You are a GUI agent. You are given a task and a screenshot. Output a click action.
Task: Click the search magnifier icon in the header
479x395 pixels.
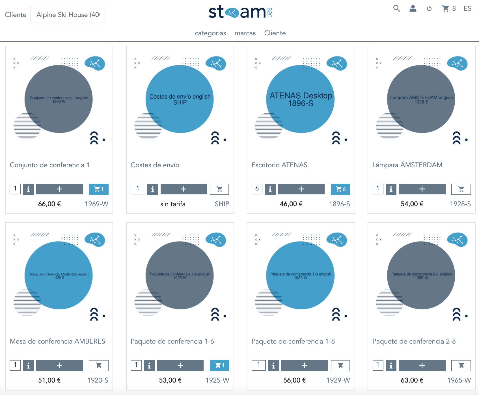click(x=396, y=8)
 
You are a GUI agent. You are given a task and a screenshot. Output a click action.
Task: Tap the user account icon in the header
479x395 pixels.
click(x=413, y=8)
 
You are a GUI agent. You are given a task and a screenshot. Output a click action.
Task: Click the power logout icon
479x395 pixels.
click(x=429, y=9)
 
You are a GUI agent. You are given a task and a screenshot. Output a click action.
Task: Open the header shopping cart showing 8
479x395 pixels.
click(x=448, y=8)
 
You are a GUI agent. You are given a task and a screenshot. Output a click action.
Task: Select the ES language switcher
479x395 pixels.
click(x=467, y=8)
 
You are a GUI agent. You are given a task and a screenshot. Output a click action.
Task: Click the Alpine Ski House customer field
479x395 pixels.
click(x=68, y=15)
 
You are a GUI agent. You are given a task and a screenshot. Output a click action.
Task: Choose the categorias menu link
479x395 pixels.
click(x=210, y=33)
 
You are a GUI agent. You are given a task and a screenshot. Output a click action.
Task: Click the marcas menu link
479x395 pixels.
click(x=245, y=33)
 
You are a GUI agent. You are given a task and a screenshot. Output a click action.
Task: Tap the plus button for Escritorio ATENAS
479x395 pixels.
click(x=301, y=189)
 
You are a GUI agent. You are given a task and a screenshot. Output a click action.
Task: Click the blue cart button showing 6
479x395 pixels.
click(x=340, y=189)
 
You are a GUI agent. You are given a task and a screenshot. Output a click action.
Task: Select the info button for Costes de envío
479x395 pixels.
click(x=152, y=189)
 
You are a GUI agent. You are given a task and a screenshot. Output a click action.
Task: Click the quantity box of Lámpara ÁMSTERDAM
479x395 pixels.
click(x=378, y=189)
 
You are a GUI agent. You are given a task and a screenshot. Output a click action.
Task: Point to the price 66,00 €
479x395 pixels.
click(x=49, y=204)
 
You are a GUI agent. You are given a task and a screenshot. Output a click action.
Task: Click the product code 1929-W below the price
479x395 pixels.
click(x=338, y=380)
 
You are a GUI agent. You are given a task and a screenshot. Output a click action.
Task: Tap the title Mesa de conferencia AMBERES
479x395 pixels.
click(x=57, y=341)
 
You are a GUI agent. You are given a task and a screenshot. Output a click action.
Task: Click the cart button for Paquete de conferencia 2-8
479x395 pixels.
click(x=461, y=366)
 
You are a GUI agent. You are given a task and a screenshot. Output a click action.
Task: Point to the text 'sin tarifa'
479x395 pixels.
click(x=173, y=204)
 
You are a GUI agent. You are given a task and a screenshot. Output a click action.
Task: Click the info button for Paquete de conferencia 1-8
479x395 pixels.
click(x=273, y=366)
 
